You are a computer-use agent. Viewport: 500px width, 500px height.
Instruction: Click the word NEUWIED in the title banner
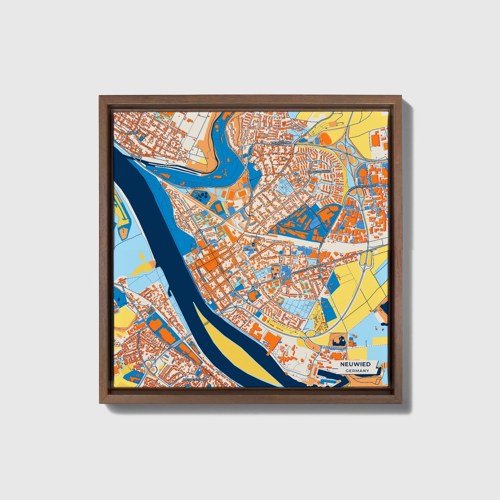(x=355, y=364)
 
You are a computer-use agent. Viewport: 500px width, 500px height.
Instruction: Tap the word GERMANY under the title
(x=357, y=371)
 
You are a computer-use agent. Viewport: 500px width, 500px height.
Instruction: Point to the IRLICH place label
(x=132, y=133)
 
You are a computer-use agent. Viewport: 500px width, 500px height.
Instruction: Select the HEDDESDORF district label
(x=282, y=143)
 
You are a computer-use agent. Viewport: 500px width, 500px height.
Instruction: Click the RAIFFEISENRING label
(x=319, y=172)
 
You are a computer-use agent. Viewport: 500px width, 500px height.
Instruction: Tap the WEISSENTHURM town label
(x=194, y=380)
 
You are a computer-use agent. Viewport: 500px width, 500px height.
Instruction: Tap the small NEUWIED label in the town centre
(x=249, y=249)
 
